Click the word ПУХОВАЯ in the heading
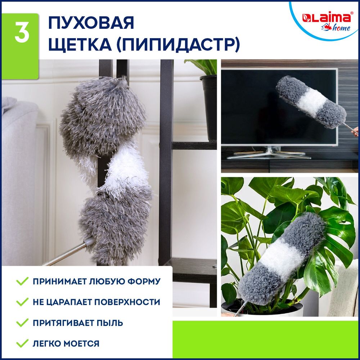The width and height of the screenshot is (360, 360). pos(91,23)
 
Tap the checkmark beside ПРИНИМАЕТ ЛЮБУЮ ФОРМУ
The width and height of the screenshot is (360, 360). pos(22,281)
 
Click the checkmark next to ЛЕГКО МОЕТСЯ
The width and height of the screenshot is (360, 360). pos(22,343)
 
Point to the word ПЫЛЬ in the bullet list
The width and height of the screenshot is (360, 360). pos(110,323)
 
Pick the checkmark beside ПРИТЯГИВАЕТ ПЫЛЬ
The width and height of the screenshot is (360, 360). pos(22,323)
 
